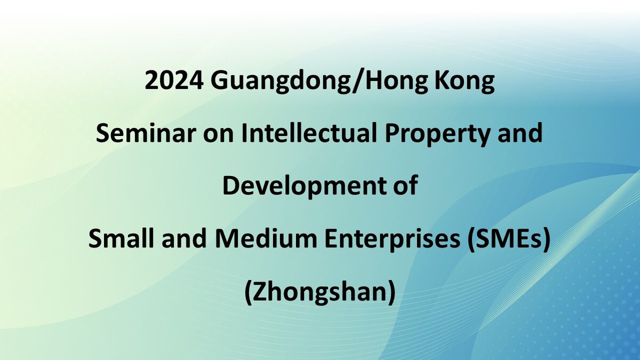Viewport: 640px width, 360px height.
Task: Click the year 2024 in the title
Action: (x=174, y=81)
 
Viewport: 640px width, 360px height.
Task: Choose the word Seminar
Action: (x=146, y=133)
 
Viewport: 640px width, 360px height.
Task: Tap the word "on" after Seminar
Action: (x=218, y=135)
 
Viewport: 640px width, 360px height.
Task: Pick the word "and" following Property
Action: (x=520, y=133)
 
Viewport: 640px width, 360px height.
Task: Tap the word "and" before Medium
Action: (x=184, y=238)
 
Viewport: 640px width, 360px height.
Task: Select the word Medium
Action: (x=266, y=238)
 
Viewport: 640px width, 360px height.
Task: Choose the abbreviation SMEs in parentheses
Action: (x=507, y=238)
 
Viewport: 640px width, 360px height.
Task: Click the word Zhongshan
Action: (x=320, y=293)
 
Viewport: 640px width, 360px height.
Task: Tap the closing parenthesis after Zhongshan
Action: (x=391, y=293)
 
